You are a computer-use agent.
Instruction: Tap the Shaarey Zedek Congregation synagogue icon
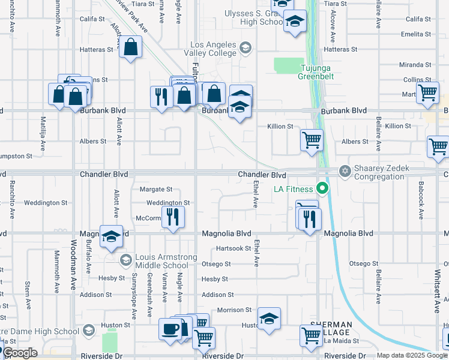click(x=345, y=172)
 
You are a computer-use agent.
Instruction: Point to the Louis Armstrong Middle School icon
click(x=126, y=260)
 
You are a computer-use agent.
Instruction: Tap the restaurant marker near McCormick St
click(x=173, y=217)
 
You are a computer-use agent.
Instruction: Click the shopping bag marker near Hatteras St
click(x=130, y=47)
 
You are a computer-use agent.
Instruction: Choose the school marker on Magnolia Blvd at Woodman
click(x=111, y=237)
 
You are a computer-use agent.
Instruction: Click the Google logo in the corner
click(x=19, y=353)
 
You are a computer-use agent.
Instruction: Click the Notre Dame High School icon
click(x=88, y=330)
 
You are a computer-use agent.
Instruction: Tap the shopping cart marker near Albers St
click(x=312, y=140)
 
